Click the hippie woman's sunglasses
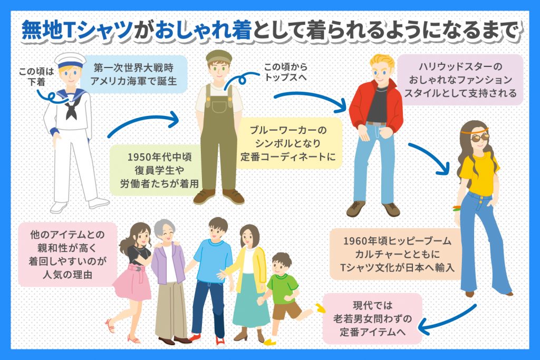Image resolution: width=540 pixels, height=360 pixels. point(480,138)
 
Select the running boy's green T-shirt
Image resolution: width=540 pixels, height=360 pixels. point(283,288)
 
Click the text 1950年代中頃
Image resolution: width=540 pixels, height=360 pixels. point(159,157)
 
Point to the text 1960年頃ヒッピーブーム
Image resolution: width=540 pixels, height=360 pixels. point(397,240)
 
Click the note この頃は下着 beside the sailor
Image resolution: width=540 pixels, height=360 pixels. point(36,76)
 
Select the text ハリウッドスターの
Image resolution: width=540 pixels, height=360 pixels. point(460,66)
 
